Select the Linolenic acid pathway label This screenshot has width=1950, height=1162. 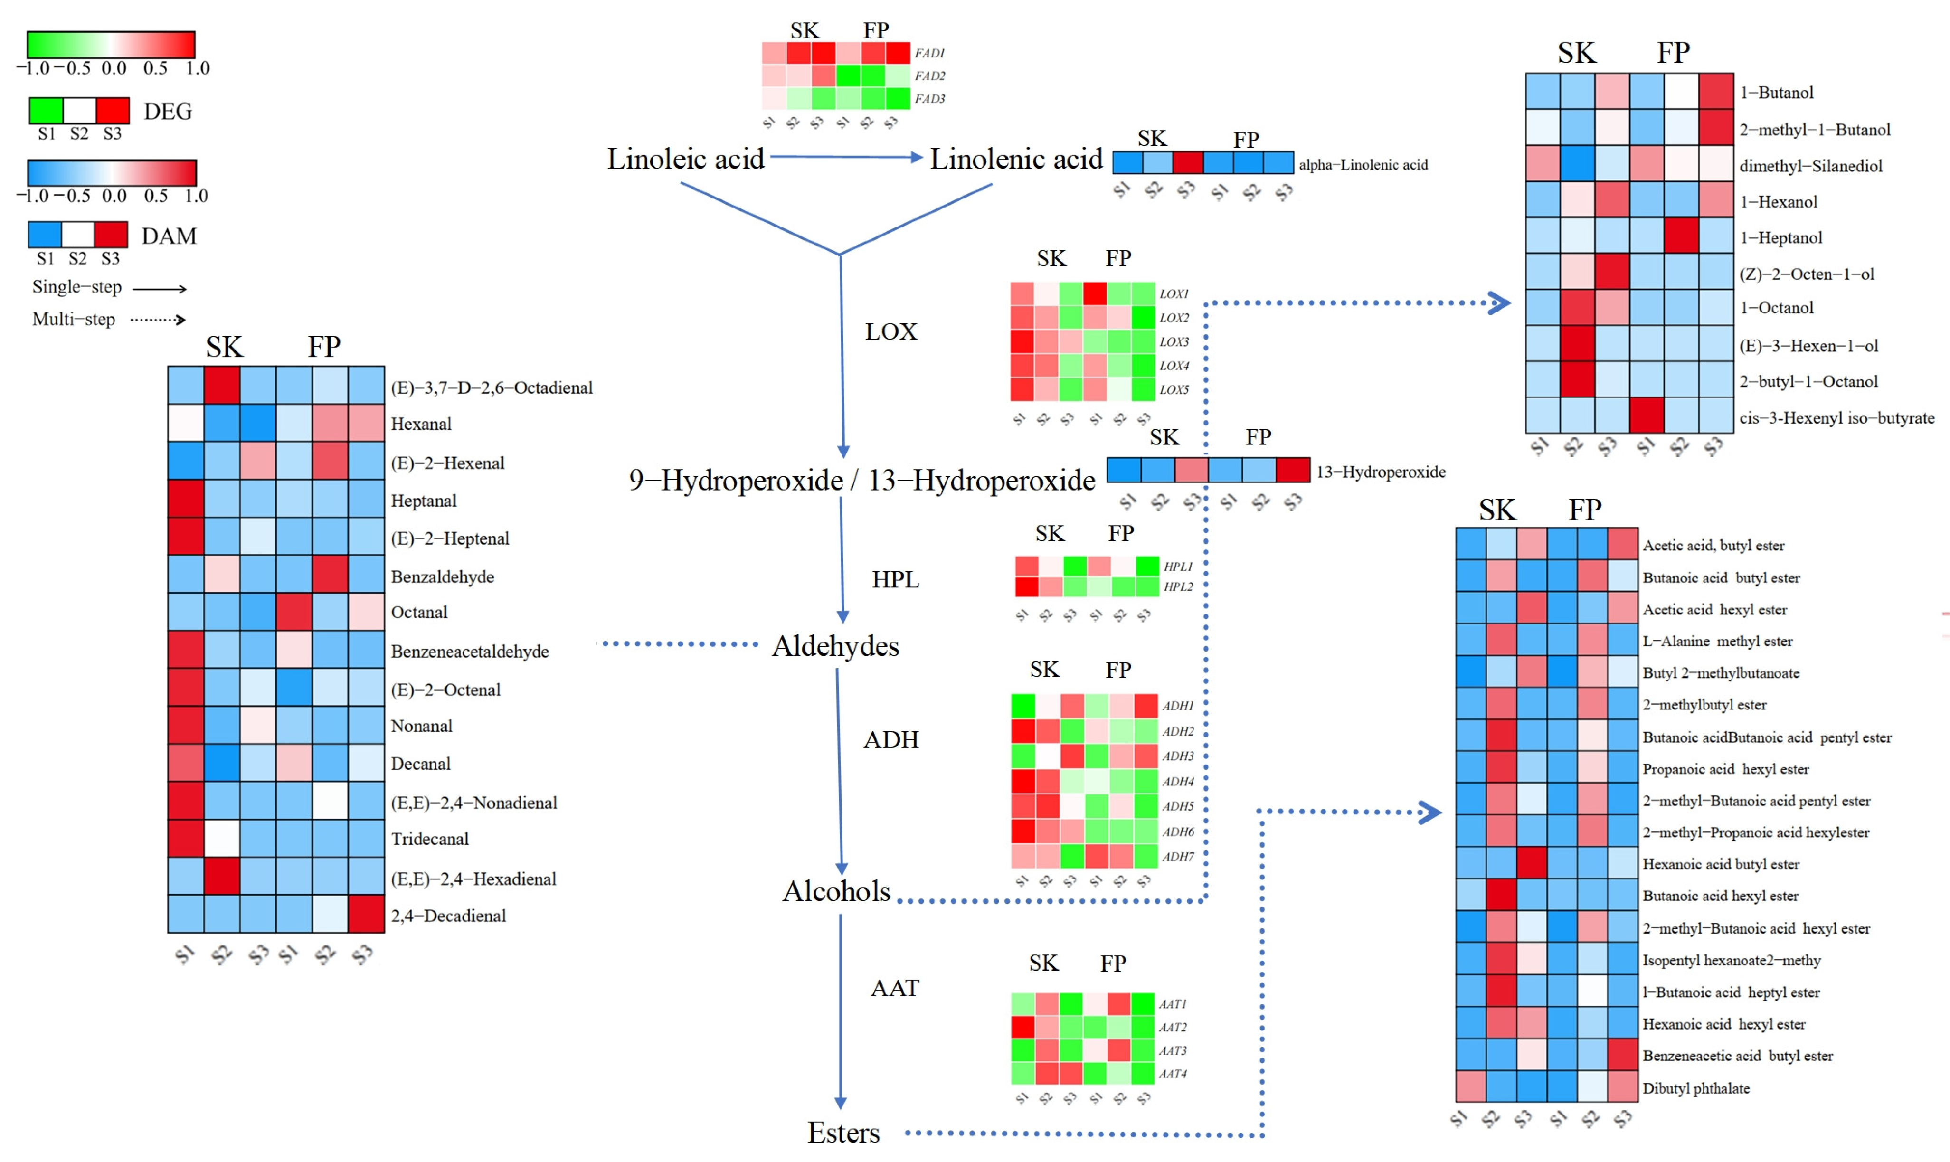pyautogui.click(x=1016, y=159)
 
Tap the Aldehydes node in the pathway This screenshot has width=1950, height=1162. pyautogui.click(x=835, y=646)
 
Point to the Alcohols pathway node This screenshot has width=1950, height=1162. pyautogui.click(x=836, y=891)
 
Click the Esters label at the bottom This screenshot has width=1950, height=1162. pyautogui.click(x=843, y=1132)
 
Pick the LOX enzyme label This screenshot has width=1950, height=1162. pyautogui.click(x=890, y=331)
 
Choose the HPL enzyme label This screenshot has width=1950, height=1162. pyautogui.click(x=895, y=579)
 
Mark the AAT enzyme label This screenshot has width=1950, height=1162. pyautogui.click(x=894, y=988)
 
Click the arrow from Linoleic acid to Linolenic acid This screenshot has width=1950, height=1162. pyautogui.click(x=846, y=157)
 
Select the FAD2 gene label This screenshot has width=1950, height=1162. pyautogui.click(x=929, y=76)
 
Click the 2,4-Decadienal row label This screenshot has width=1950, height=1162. pyautogui.click(x=448, y=916)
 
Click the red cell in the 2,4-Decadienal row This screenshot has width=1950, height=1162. pyautogui.click(x=366, y=914)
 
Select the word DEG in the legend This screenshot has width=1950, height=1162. pyautogui.click(x=168, y=111)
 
